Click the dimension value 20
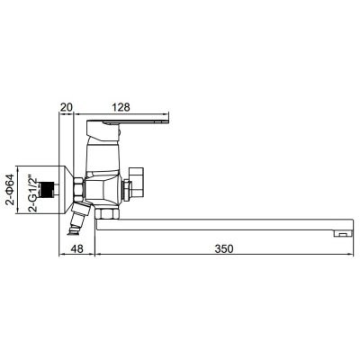tap(67, 107)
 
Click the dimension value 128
tap(121, 107)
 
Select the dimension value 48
tap(77, 248)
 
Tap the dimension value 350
tap(224, 248)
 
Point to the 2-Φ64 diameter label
tap(11, 189)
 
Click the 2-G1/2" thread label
tap(33, 194)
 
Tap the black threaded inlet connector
tap(46, 190)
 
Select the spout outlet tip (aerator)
tap(344, 233)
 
